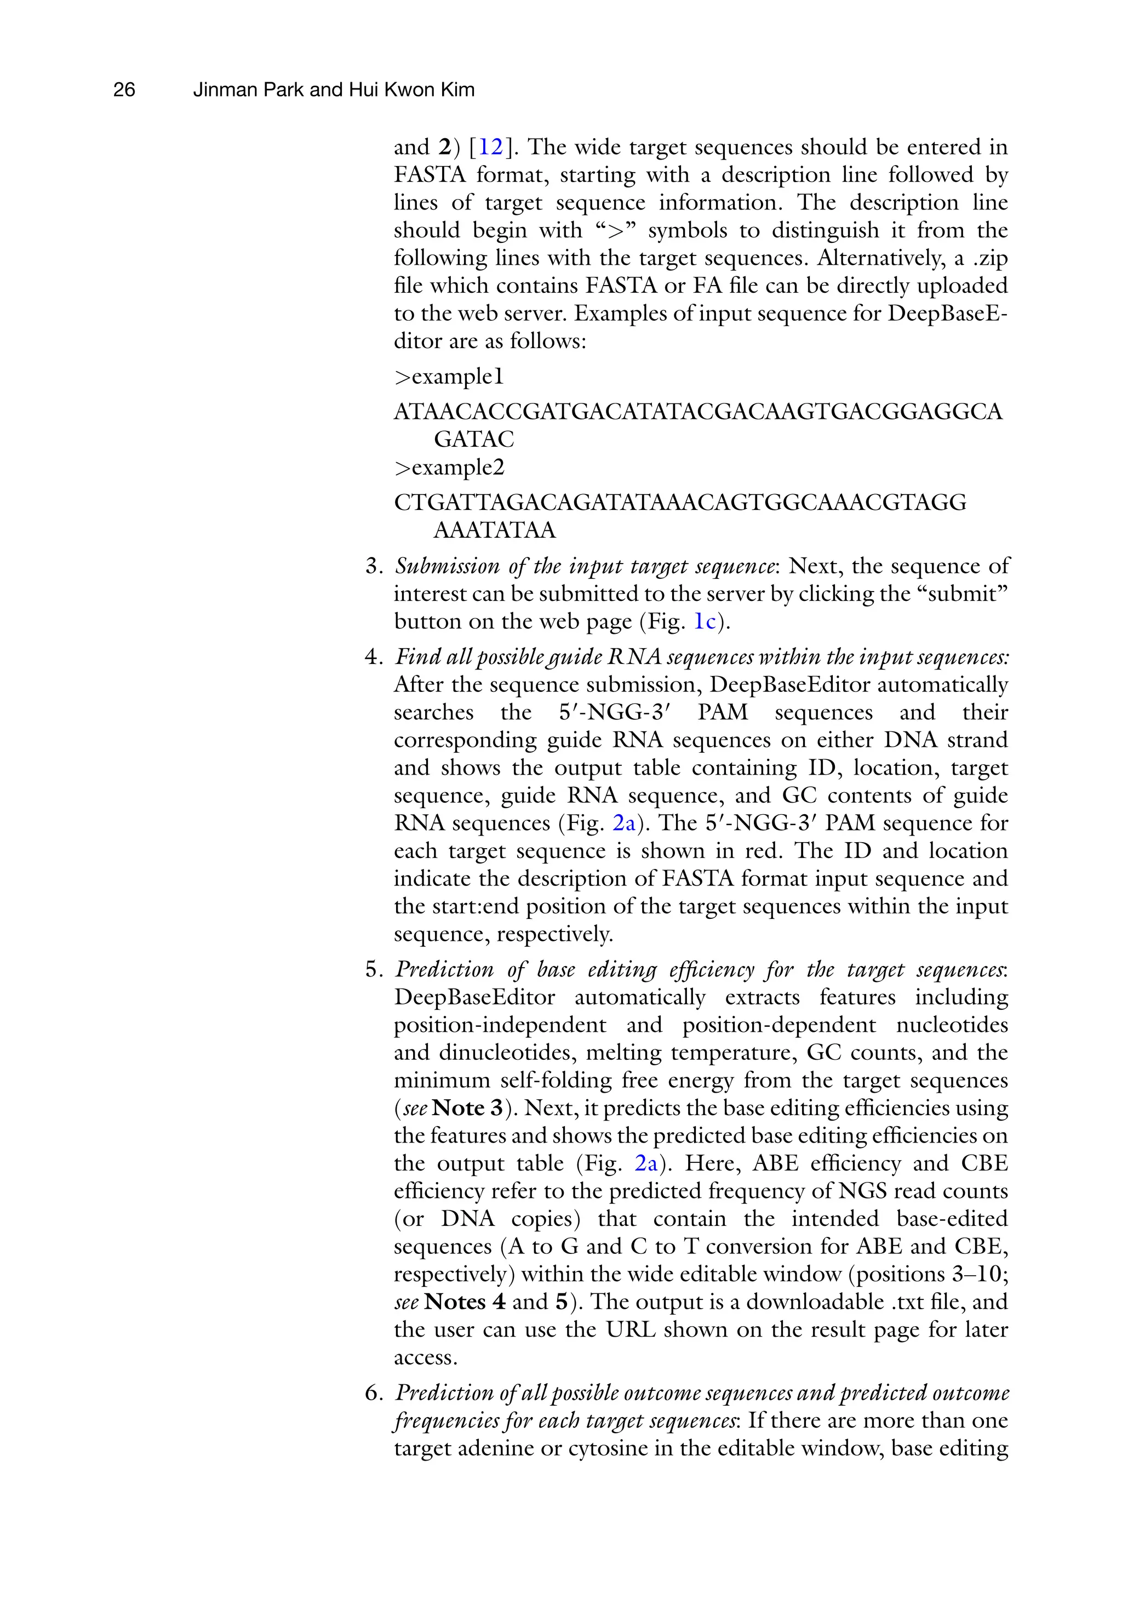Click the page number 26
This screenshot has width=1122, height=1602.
tap(124, 90)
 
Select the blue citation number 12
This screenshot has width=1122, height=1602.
tap(490, 147)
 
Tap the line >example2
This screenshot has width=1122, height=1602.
tap(449, 468)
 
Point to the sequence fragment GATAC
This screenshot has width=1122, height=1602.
tap(473, 440)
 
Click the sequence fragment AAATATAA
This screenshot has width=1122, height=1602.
tap(494, 530)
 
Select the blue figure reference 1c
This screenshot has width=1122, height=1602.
tap(705, 622)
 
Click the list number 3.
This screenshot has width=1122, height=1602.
tap(373, 566)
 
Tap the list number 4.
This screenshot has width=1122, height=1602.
tap(373, 657)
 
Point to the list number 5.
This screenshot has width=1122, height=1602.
tap(373, 969)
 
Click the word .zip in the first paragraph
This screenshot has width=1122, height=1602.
tap(990, 258)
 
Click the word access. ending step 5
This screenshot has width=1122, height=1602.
tap(425, 1358)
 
